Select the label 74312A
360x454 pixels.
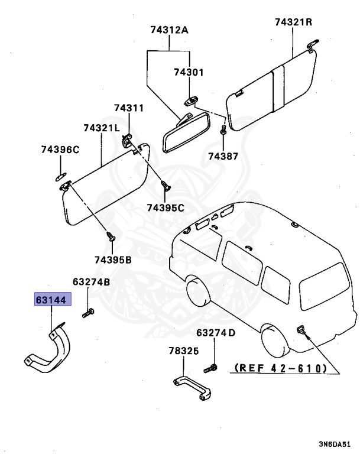pyautogui.click(x=170, y=29)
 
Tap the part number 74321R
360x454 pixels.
pyautogui.click(x=293, y=22)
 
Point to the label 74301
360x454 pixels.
pyautogui.click(x=188, y=72)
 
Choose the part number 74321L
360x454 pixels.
pyautogui.click(x=101, y=128)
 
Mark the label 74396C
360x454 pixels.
pyautogui.click(x=60, y=150)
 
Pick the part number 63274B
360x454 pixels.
pyautogui.click(x=91, y=282)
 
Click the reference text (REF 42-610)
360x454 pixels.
pyautogui.click(x=281, y=368)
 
